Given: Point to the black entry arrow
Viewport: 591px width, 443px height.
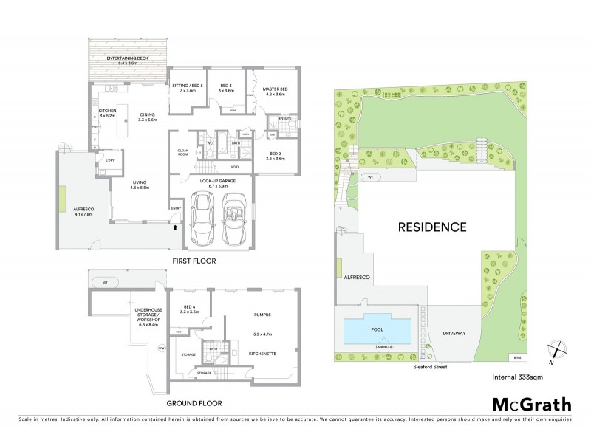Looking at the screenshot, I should pyautogui.click(x=175, y=228).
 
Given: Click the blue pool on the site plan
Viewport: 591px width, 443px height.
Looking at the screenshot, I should pyautogui.click(x=377, y=329).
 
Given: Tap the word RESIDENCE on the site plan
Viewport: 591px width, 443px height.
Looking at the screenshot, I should pyautogui.click(x=433, y=227).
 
